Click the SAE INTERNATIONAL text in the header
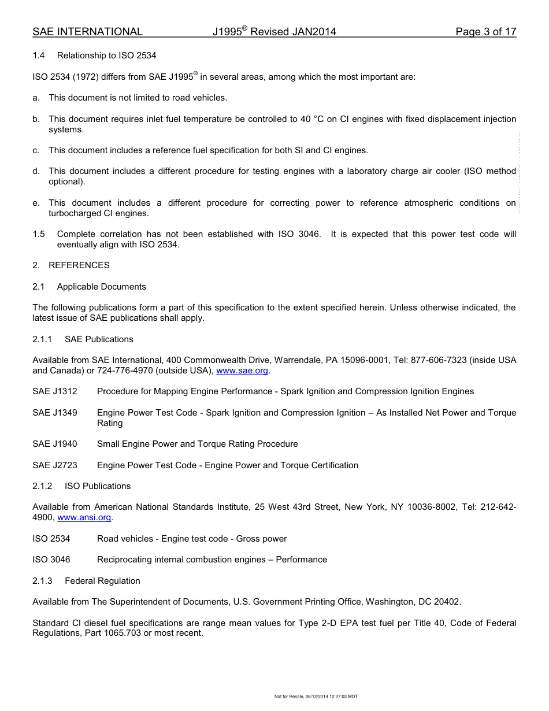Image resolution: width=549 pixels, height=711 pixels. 87,32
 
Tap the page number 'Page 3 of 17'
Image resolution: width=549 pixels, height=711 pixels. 485,32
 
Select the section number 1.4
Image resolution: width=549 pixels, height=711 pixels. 39,55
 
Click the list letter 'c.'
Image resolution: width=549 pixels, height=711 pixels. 36,150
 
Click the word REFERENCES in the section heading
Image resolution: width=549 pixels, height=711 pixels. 79,265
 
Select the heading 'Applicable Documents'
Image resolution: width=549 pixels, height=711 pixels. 101,287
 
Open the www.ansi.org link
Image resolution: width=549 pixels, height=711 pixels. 84,517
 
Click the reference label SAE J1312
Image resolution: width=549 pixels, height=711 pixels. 55,391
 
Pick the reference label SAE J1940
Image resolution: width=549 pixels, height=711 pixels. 55,444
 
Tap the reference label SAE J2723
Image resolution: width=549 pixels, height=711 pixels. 55,465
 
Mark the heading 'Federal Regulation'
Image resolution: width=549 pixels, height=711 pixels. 102,581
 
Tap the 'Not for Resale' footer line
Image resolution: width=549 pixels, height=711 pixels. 316,697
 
